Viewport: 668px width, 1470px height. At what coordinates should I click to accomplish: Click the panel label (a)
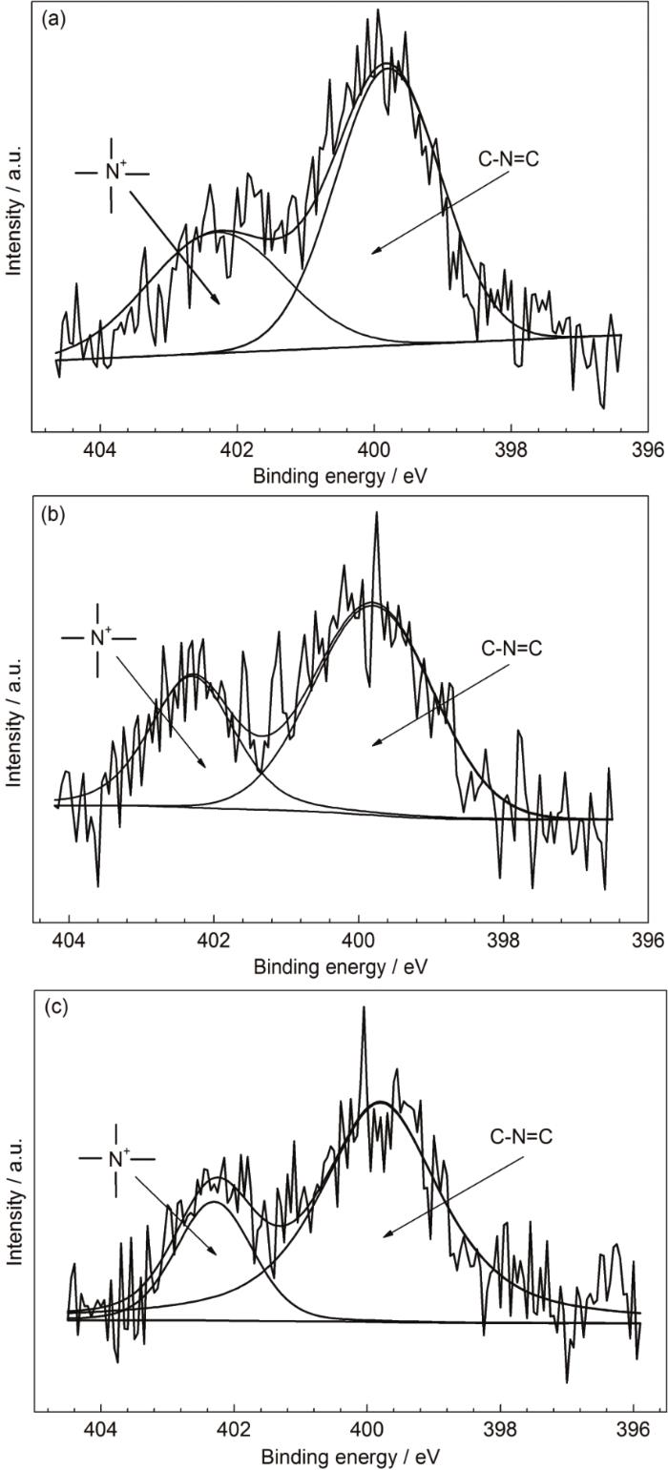coord(52,20)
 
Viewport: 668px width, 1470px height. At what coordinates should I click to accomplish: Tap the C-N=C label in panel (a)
coord(508,159)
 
